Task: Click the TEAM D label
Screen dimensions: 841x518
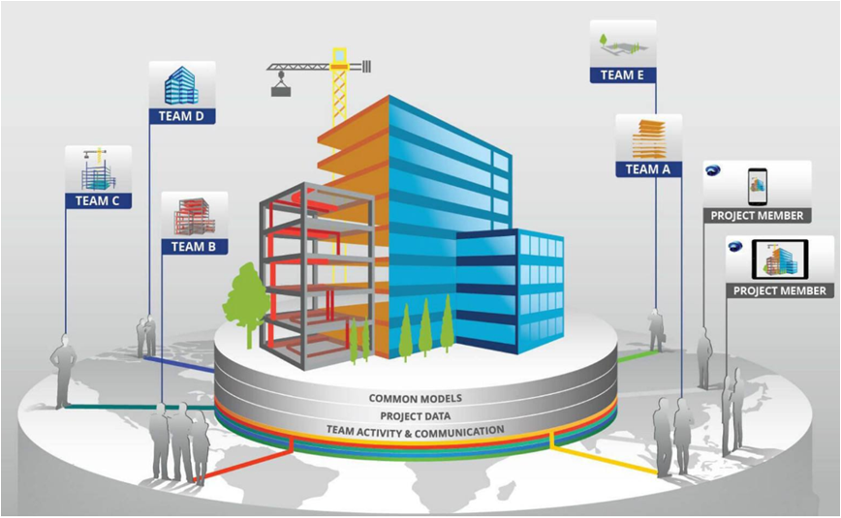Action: [x=182, y=116]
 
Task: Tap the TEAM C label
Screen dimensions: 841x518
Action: [x=98, y=201]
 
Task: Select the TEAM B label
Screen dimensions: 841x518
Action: [x=194, y=247]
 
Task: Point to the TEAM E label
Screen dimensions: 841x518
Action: [x=623, y=76]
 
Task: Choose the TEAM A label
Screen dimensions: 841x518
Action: [x=648, y=169]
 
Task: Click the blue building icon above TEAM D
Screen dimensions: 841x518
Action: [x=181, y=86]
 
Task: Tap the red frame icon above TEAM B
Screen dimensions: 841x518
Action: [x=194, y=216]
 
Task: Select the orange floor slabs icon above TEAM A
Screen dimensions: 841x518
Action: [x=649, y=138]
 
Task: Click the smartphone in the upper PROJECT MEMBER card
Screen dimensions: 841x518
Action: [x=758, y=187]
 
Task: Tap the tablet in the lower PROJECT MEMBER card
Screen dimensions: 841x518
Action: [x=780, y=259]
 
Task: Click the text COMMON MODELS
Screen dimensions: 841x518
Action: [x=415, y=398]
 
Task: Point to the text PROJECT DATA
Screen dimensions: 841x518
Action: [x=415, y=415]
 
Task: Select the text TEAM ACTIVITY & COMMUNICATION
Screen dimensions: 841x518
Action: [x=415, y=431]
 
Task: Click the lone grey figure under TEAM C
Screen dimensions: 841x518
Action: [x=63, y=371]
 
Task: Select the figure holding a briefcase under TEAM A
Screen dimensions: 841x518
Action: [x=657, y=330]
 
